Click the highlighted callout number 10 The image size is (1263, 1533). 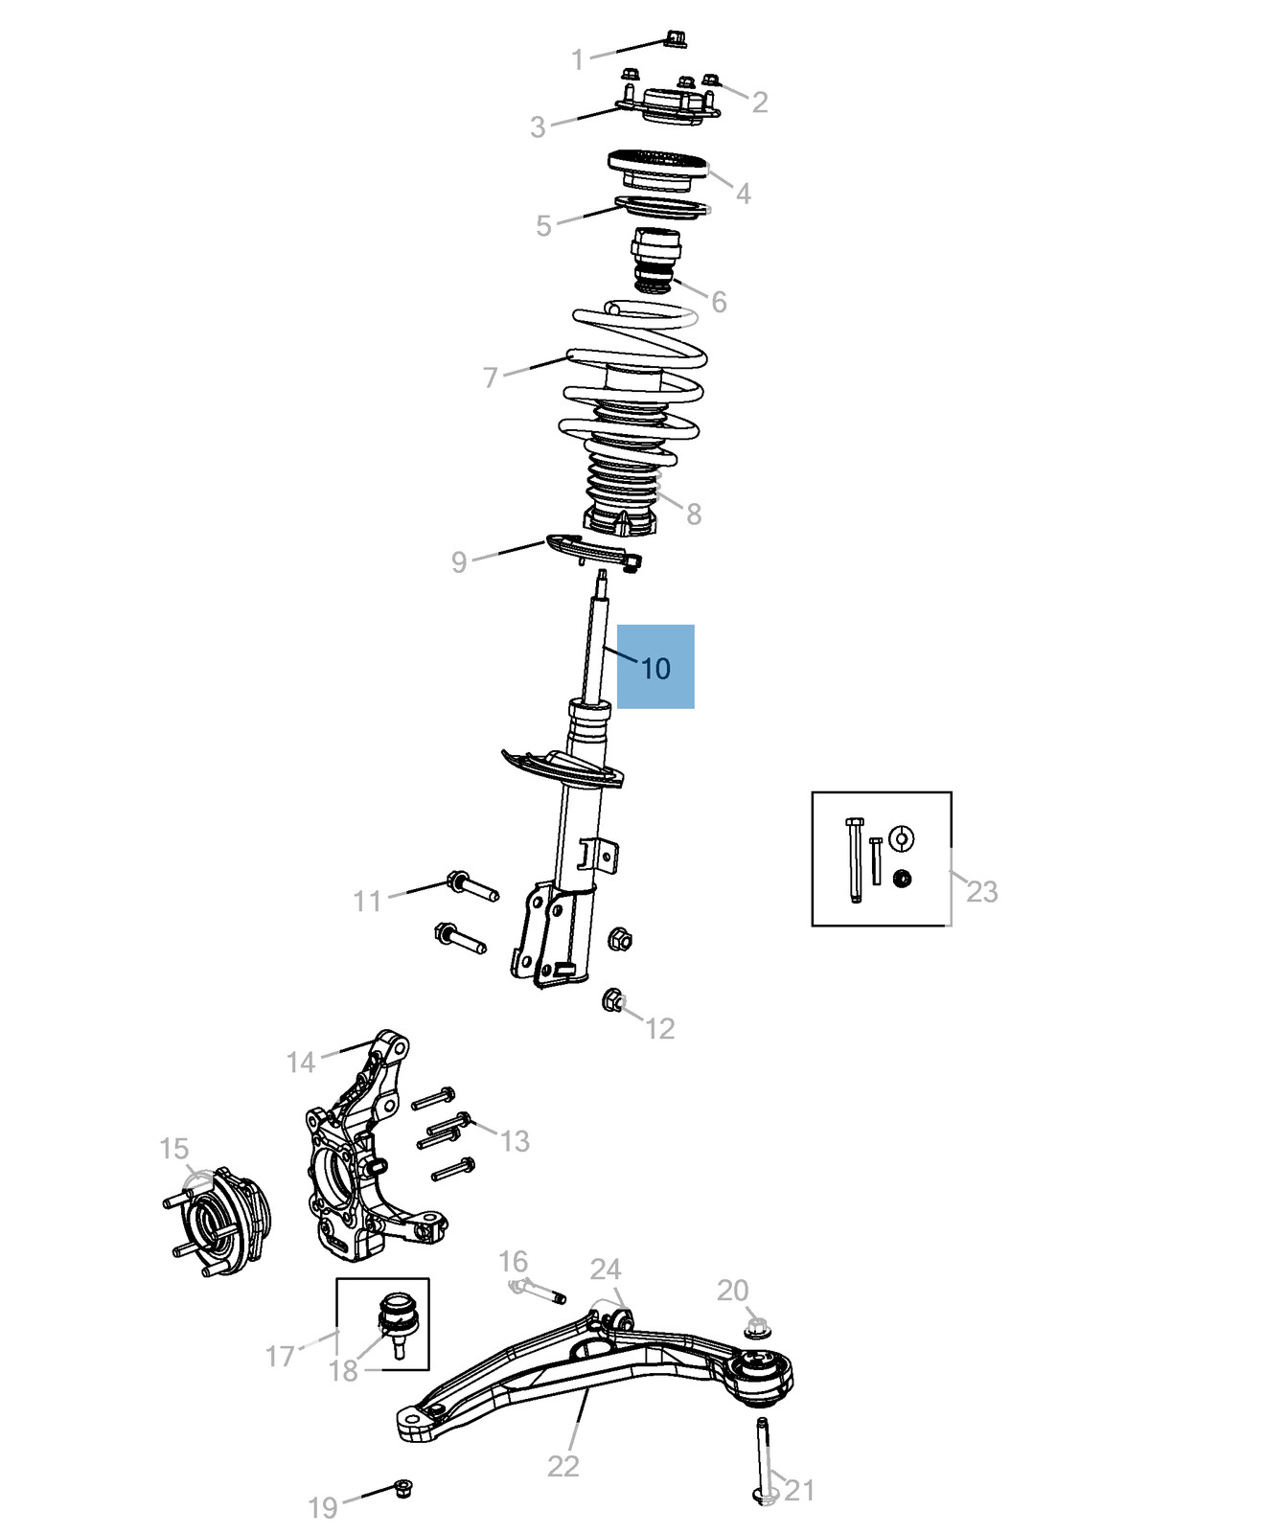tap(655, 668)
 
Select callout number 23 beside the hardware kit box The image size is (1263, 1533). tap(982, 892)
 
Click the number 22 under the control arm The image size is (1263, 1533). tap(563, 1466)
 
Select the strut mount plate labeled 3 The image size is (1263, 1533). tap(667, 111)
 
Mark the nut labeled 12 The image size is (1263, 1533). tap(612, 1001)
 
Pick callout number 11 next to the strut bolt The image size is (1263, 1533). tap(367, 901)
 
